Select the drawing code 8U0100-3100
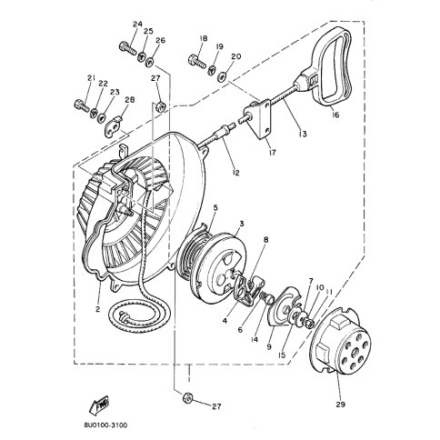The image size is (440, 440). coord(105,425)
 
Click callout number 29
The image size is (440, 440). coord(340,404)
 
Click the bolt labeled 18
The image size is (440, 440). coord(197,61)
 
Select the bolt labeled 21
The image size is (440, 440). coord(82,105)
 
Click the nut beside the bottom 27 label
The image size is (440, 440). coord(186,397)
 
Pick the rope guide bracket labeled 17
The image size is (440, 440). coord(259,120)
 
